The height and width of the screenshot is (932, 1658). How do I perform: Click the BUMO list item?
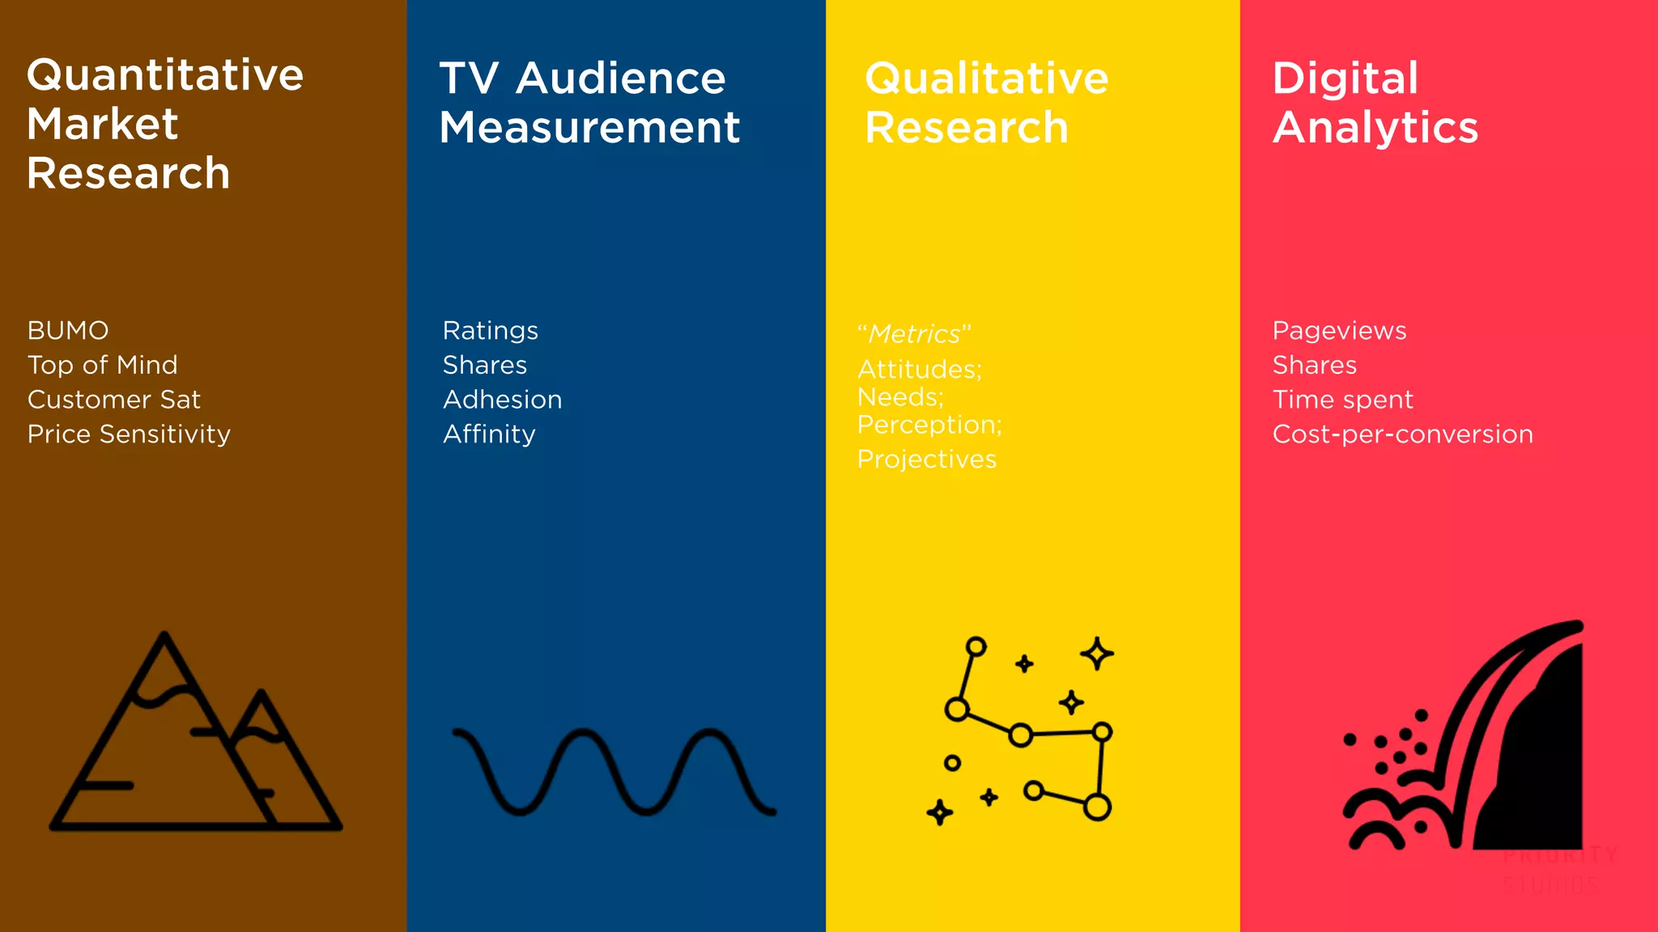click(68, 331)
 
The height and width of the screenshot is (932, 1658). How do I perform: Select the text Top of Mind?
click(102, 366)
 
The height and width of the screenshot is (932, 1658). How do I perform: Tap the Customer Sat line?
click(113, 400)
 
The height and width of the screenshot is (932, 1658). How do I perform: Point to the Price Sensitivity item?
click(129, 434)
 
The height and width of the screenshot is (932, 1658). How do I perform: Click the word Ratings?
click(490, 331)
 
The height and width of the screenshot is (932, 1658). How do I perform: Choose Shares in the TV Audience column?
click(484, 366)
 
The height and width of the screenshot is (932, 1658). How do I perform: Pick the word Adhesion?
click(502, 400)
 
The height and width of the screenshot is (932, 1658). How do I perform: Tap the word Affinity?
click(489, 434)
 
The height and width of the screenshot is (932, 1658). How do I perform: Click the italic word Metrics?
click(914, 334)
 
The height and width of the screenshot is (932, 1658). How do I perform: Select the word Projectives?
click(926, 460)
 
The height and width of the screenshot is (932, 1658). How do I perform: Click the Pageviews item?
click(1339, 331)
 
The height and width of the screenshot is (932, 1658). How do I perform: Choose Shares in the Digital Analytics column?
click(1314, 366)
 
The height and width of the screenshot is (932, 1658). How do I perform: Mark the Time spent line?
click(1342, 400)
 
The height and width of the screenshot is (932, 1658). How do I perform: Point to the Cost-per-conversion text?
click(1402, 434)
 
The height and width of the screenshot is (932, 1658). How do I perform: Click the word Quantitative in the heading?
click(165, 75)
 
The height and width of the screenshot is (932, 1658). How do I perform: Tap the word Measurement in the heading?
click(589, 128)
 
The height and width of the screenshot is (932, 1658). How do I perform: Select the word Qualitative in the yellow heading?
click(986, 78)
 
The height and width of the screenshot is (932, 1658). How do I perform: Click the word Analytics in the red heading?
click(1375, 128)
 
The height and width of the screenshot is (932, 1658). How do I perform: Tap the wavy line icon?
click(614, 772)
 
